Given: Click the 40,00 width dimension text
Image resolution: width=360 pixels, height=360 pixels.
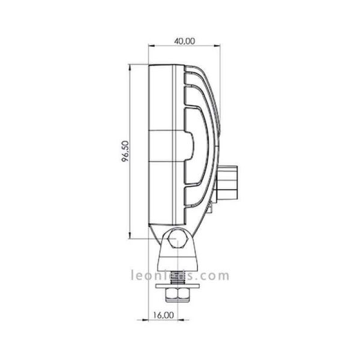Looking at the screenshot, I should pos(185,41).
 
